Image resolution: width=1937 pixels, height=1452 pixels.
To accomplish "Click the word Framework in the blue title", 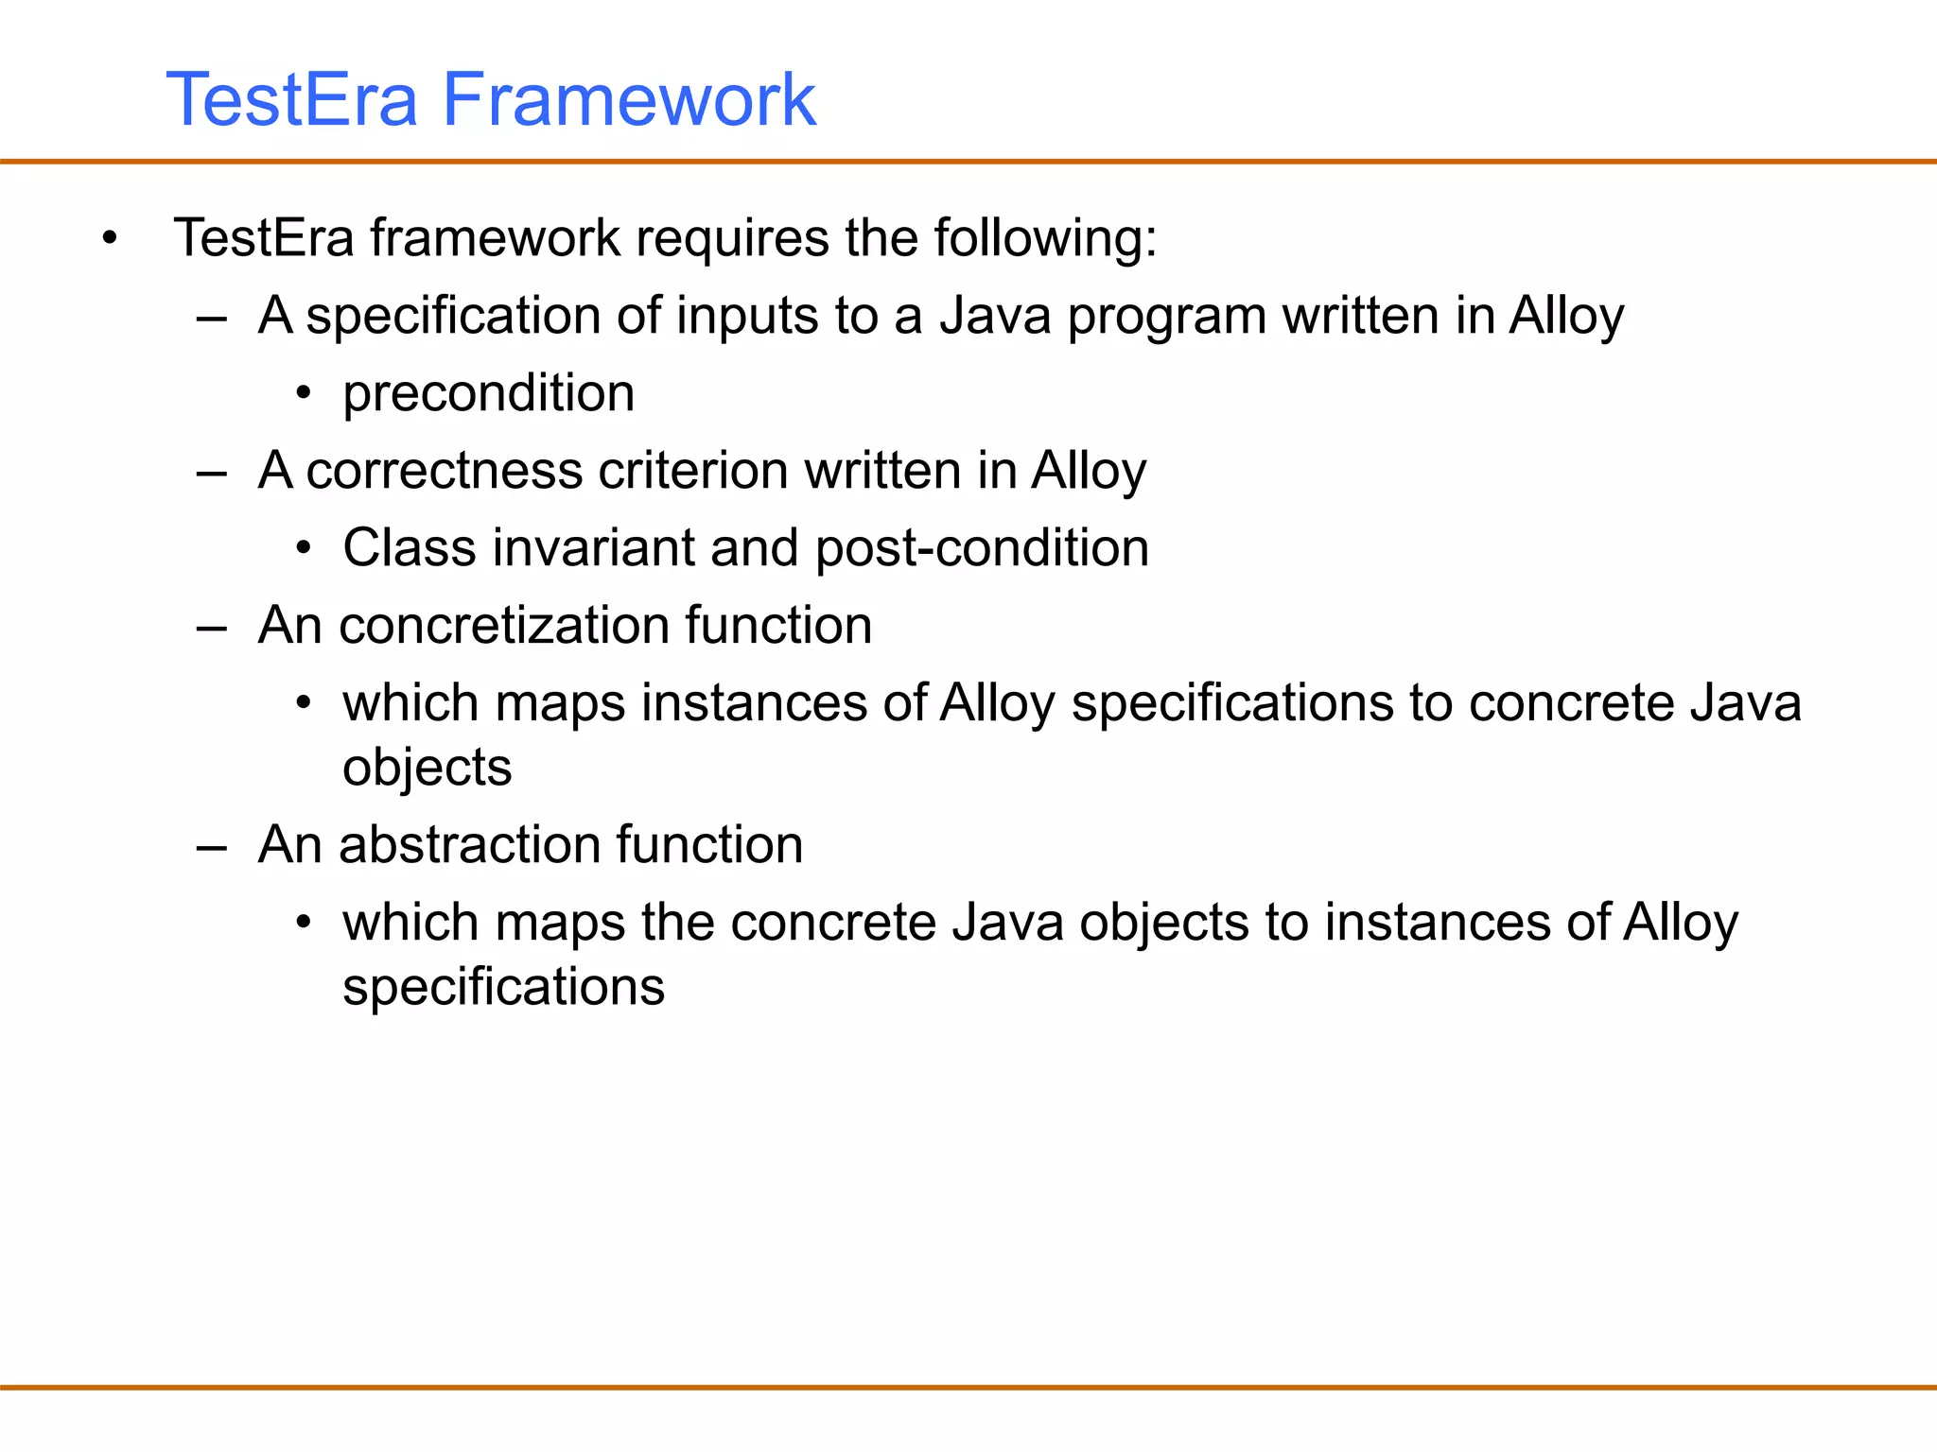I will (x=628, y=99).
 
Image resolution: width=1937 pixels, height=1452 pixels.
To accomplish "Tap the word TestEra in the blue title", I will (x=291, y=99).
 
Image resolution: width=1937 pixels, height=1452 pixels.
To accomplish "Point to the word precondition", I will (x=488, y=393).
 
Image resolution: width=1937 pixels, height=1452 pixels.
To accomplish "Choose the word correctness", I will (x=444, y=471).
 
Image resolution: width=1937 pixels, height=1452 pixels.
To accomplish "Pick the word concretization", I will (x=502, y=626).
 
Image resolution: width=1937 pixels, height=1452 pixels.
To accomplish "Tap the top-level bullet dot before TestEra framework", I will (x=111, y=239).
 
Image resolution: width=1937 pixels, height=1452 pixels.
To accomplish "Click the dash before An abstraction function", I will (x=211, y=847).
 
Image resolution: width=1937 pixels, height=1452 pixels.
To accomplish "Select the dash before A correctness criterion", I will (x=211, y=473).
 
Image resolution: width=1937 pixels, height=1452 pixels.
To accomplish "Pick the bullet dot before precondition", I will (x=303, y=394).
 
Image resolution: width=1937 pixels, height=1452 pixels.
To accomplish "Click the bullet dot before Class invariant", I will (x=303, y=549).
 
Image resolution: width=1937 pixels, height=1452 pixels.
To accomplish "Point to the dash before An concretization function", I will (x=211, y=628).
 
